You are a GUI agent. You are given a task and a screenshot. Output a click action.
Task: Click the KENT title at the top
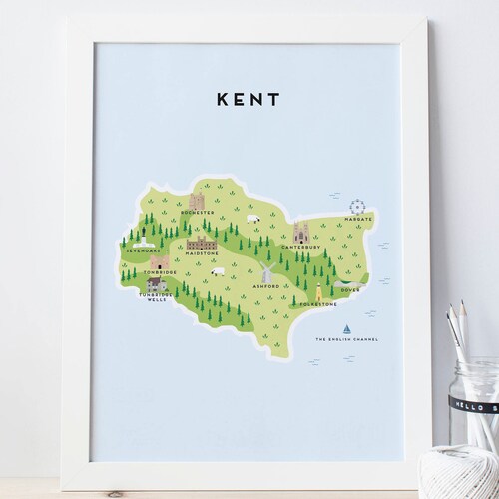point(247,100)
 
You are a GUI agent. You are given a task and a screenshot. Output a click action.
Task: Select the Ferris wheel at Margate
point(356,207)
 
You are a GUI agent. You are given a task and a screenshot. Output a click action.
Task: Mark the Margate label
point(359,219)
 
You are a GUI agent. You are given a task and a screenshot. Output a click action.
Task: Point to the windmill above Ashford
point(267,272)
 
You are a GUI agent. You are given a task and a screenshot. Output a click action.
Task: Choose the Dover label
point(346,290)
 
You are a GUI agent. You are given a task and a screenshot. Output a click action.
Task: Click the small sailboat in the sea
point(346,328)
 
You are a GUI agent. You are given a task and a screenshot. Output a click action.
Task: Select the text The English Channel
point(347,339)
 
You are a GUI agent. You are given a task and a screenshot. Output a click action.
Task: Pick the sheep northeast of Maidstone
point(252,219)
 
